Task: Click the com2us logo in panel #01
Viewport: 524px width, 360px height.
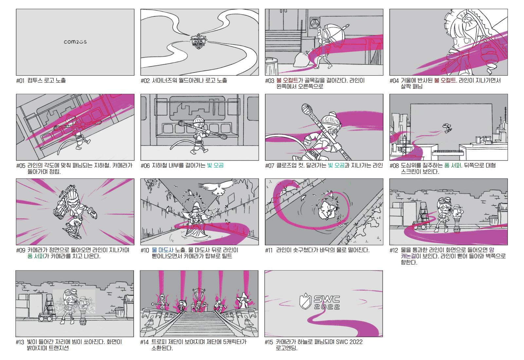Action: (x=75, y=42)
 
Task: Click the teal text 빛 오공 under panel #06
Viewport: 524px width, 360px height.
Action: (x=215, y=166)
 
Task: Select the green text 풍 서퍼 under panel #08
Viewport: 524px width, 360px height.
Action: (x=453, y=166)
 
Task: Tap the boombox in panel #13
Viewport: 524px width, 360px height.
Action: (x=46, y=317)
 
